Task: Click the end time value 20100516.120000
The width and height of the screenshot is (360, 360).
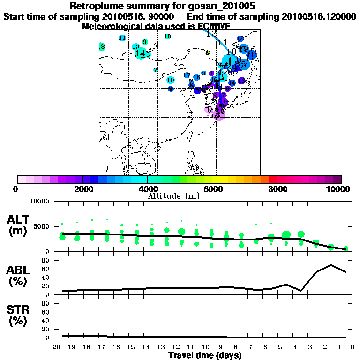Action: [x=318, y=16]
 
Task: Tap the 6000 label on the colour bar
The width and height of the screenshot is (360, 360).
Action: [x=212, y=189]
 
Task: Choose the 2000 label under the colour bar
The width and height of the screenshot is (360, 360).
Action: [x=82, y=189]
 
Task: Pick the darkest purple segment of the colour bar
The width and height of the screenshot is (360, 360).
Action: [x=337, y=179]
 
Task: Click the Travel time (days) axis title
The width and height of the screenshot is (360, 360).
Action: [x=205, y=355]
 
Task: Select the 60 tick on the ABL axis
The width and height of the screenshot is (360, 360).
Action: [x=46, y=269]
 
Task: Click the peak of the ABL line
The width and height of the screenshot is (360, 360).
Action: [x=331, y=265]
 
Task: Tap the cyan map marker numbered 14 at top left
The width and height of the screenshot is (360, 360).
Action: [x=122, y=38]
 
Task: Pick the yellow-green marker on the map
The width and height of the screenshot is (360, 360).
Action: [x=208, y=53]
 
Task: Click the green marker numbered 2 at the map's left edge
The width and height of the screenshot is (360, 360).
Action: [x=102, y=46]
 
